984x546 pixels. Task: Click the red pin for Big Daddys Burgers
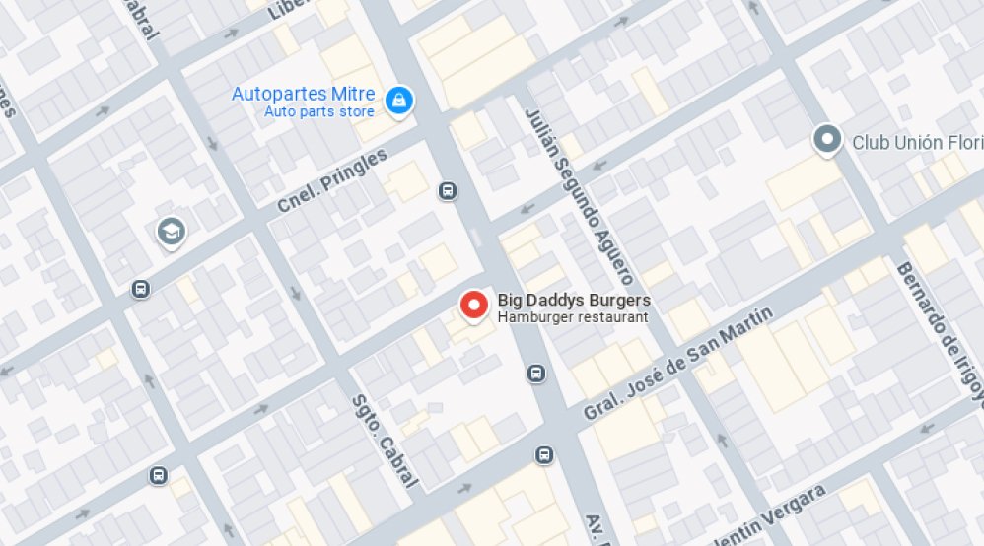click(x=474, y=306)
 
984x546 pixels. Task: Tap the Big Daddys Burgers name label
click(x=574, y=300)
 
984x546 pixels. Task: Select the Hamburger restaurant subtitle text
click(x=573, y=317)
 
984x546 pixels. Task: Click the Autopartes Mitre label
click(x=303, y=95)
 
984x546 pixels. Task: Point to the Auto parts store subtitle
click(x=319, y=111)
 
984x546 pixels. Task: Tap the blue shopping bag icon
click(x=399, y=100)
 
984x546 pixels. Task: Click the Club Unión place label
click(x=917, y=142)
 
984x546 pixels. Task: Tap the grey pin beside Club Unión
click(x=827, y=139)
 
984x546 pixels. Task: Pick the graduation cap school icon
click(x=172, y=233)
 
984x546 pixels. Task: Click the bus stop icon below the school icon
click(x=140, y=289)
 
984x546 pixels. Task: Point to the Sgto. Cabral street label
click(x=385, y=442)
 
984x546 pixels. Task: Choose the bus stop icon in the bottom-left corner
click(x=158, y=476)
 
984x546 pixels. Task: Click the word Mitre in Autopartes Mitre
click(x=353, y=95)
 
